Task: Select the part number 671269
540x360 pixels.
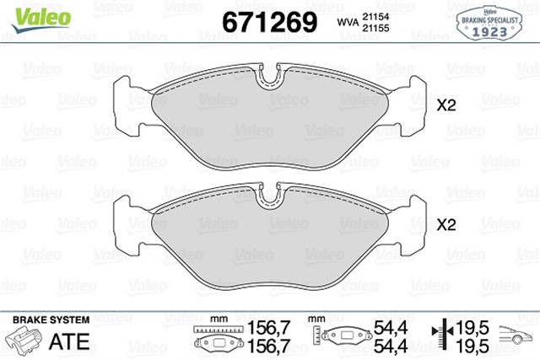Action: [x=268, y=20]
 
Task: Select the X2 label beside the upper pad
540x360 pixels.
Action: [x=445, y=106]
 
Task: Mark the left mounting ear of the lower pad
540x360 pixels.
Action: [x=127, y=224]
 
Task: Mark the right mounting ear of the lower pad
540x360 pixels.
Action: [x=415, y=224]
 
